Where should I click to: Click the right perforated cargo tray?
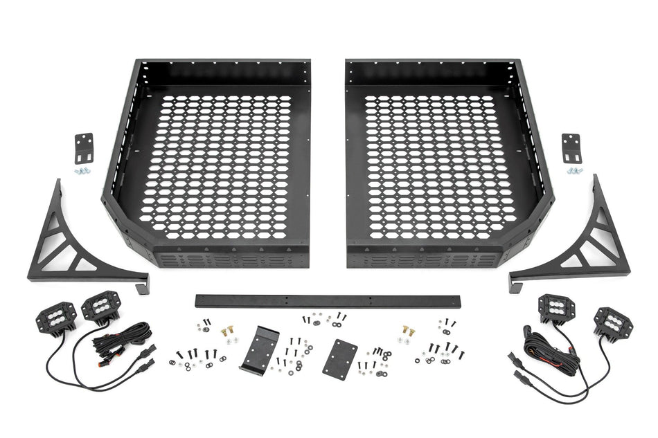[443, 166]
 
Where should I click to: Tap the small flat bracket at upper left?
[85, 147]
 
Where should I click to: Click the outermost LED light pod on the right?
[607, 322]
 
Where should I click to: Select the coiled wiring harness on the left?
[125, 339]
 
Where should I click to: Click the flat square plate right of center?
[339, 358]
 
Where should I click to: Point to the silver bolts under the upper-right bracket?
[573, 170]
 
